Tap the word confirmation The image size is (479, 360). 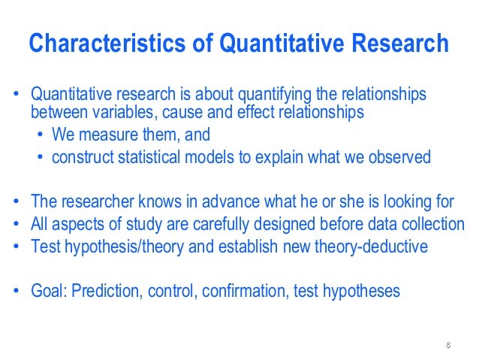[x=226, y=290]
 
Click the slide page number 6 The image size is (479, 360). [x=447, y=346]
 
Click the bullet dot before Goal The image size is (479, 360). [x=16, y=291]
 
